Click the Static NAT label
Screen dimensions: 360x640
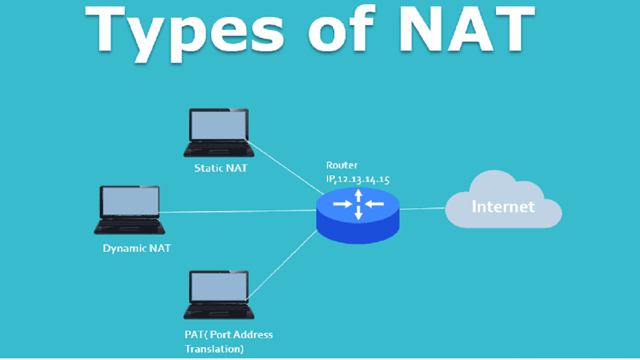[221, 169]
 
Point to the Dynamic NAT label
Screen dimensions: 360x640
[137, 248]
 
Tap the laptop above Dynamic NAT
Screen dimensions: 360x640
[130, 210]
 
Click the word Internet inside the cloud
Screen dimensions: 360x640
[502, 206]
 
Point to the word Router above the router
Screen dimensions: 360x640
[342, 165]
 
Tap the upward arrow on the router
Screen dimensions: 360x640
[358, 194]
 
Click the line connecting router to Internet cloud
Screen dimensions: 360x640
[422, 209]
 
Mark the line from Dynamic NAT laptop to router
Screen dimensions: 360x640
[240, 211]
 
